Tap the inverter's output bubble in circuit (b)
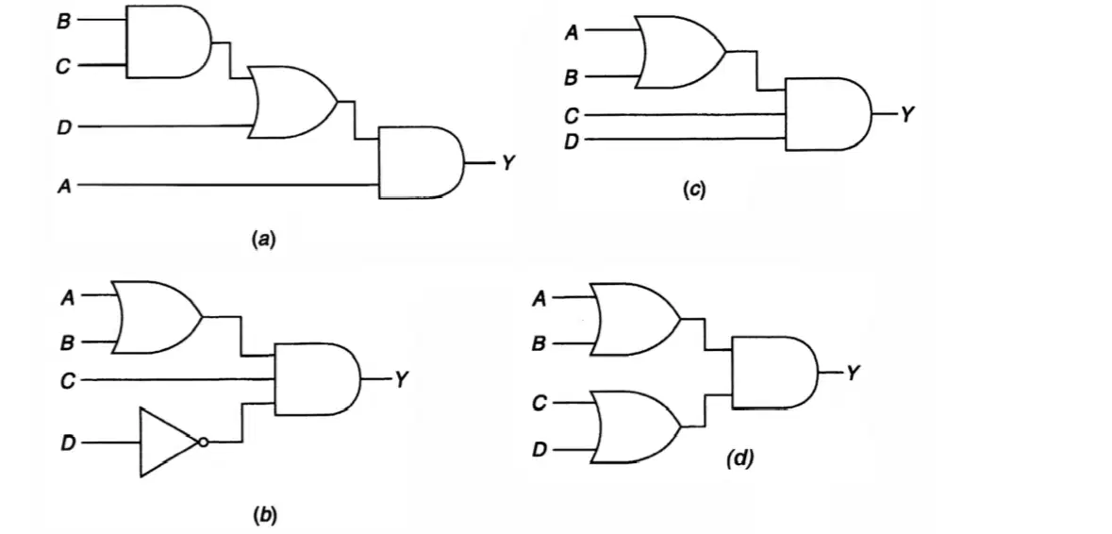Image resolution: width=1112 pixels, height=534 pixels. coord(204,442)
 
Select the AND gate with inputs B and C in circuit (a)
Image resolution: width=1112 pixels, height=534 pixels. coord(169,42)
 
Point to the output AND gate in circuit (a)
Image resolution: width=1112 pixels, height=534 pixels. coord(422,162)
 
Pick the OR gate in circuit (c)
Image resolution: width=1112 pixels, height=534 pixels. coord(682,53)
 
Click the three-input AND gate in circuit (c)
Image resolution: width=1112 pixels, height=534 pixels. coord(828,114)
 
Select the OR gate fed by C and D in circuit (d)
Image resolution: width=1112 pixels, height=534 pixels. coord(636,426)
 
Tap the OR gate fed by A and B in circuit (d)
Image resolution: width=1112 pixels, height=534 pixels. coord(636,319)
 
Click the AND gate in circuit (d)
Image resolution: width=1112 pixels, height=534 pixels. coord(774,373)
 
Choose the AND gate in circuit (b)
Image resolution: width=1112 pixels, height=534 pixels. coord(318,379)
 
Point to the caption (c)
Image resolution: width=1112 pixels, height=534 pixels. coord(694,190)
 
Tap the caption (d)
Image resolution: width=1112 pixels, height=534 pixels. coord(739,459)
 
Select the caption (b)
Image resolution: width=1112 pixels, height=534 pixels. coord(264,515)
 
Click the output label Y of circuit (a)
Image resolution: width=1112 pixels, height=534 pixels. coord(506,163)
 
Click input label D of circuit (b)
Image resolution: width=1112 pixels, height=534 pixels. coord(68,443)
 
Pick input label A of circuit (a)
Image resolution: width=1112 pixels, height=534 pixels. coord(64,186)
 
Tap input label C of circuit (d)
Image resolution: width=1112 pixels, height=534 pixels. coord(539,404)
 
